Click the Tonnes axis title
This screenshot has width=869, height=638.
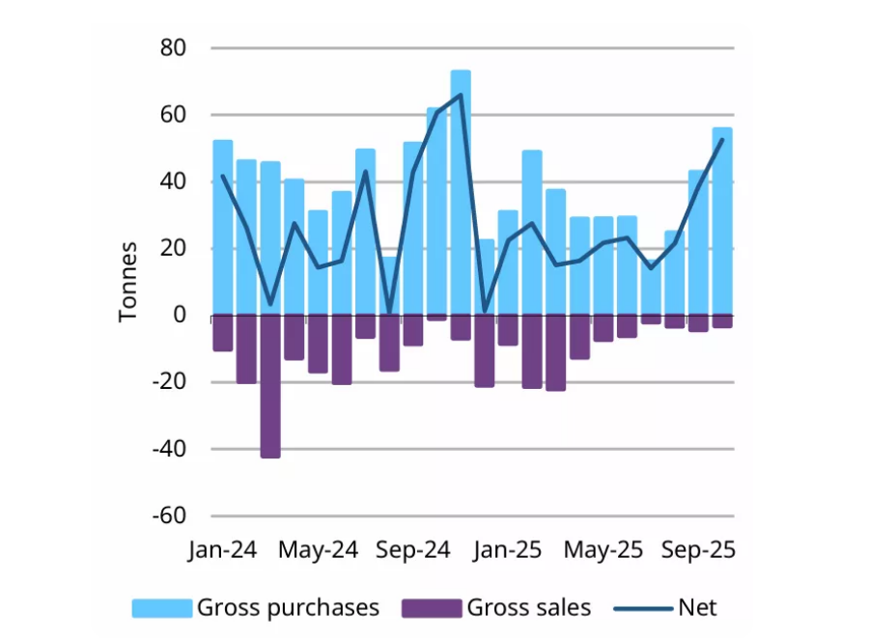(129, 282)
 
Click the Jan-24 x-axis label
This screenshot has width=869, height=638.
(223, 550)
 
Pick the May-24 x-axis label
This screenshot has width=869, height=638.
(318, 550)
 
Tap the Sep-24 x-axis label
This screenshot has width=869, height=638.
(413, 550)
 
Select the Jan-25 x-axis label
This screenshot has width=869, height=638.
(508, 550)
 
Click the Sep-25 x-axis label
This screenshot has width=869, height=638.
(697, 550)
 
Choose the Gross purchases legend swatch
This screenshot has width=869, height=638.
(162, 607)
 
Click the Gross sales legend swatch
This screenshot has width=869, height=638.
(432, 607)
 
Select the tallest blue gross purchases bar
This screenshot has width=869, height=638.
(461, 193)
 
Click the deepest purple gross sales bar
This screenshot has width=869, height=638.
(270, 386)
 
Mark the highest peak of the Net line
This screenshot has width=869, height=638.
(461, 95)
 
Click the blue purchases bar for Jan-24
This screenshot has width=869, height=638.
(223, 228)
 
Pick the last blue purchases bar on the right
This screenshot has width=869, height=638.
(721, 221)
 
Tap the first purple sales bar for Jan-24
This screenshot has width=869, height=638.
(223, 333)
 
